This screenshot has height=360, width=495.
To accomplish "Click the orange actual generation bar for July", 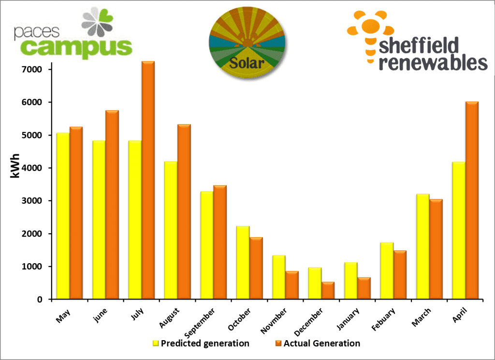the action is click(x=148, y=180).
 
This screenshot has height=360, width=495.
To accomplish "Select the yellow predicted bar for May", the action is click(x=63, y=216).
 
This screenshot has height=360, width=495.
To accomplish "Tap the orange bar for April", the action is click(x=472, y=200).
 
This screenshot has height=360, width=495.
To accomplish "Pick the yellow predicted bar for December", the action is click(x=315, y=283).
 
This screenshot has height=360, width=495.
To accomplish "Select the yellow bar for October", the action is click(x=243, y=263).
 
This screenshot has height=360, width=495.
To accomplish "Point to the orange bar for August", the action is click(x=184, y=212).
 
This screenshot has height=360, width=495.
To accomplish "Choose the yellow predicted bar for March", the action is click(x=423, y=246).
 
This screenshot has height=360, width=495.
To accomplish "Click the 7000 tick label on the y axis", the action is click(x=31, y=70).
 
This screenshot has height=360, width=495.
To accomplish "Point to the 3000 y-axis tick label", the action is click(x=31, y=201).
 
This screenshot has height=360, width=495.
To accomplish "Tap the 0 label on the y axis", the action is click(x=40, y=300).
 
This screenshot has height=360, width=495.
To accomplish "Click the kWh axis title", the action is click(x=15, y=166).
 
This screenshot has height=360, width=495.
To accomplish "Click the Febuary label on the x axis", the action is click(x=383, y=319).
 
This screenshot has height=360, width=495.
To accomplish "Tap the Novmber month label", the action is click(x=274, y=321).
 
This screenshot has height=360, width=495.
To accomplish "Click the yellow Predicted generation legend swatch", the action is click(x=156, y=344).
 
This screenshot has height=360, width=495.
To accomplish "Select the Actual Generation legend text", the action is click(x=321, y=344).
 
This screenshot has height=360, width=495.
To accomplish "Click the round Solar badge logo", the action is click(x=247, y=43).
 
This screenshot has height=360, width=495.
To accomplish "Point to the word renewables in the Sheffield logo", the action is click(x=433, y=62).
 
